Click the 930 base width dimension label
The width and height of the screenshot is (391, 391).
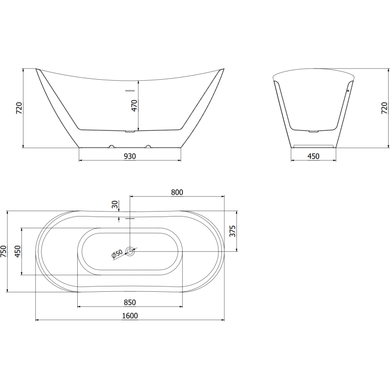(130, 156)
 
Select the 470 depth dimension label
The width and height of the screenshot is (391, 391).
(134, 105)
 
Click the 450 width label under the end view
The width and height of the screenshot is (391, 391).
(313, 156)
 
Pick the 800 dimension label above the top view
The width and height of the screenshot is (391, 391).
(177, 193)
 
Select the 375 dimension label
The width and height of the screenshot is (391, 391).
(233, 231)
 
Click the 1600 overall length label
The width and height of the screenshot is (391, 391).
(130, 316)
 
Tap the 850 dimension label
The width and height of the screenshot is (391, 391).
(130, 303)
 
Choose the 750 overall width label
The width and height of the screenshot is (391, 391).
(4, 252)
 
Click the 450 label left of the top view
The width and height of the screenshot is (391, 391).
(18, 252)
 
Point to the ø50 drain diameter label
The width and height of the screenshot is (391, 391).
(117, 254)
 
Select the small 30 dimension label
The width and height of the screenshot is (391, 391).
(115, 204)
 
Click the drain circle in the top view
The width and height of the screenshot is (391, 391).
(130, 251)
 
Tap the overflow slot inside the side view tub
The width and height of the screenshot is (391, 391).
(130, 90)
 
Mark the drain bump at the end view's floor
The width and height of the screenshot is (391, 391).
(313, 131)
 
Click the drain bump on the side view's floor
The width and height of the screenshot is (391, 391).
(130, 131)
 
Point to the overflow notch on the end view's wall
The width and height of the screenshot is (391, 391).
(348, 90)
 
